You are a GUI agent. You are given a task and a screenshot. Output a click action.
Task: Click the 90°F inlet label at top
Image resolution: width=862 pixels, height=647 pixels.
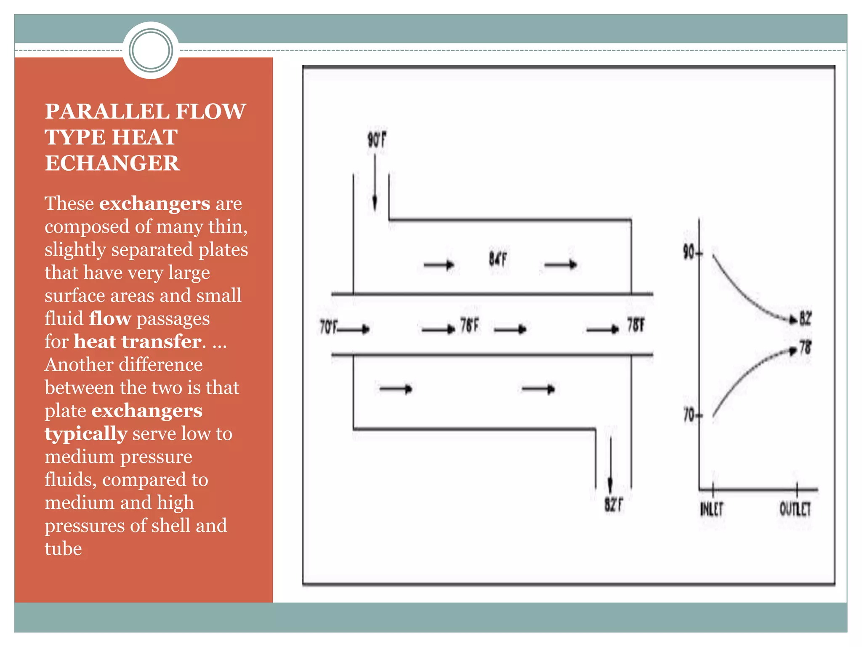point(377,140)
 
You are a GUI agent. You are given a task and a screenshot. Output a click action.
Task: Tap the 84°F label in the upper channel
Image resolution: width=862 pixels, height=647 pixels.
point(498,259)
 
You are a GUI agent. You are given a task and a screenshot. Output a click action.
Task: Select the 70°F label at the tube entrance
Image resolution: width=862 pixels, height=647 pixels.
point(328,327)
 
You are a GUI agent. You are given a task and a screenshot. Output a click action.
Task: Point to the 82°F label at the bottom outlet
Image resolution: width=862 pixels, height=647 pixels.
point(614,504)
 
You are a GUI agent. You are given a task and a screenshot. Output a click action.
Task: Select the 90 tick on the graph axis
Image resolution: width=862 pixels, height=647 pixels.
point(689,253)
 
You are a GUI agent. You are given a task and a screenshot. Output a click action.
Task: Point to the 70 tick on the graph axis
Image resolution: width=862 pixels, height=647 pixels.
point(689,415)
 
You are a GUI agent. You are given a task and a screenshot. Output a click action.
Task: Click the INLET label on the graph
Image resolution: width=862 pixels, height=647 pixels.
point(711,509)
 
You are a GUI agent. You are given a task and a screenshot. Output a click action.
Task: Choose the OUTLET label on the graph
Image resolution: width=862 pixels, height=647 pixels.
point(795,509)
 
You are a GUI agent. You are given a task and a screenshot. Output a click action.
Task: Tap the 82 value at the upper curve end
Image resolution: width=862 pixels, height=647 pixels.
point(805,318)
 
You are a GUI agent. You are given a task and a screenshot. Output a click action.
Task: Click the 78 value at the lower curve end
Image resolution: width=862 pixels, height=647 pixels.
point(805,348)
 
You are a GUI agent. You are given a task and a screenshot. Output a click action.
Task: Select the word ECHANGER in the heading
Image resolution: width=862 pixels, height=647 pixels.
point(112,163)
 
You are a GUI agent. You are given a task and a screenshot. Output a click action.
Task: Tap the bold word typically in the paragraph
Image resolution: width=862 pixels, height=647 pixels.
point(86,434)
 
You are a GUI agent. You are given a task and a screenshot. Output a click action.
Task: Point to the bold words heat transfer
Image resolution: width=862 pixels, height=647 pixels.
point(137,342)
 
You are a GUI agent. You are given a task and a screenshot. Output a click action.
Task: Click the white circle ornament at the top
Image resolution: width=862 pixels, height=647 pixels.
point(151,51)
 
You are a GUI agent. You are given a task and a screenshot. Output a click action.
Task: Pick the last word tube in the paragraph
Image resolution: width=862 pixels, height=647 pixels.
point(63,549)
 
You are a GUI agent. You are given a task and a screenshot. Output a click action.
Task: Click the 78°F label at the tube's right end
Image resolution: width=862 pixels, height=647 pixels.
point(636,325)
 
